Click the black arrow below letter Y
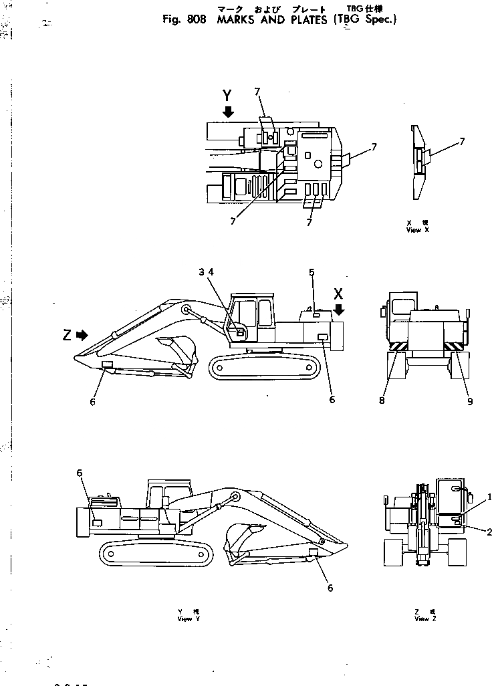pyautogui.click(x=228, y=112)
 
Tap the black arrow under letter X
pyautogui.click(x=339, y=309)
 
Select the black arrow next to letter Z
pyautogui.click(x=82, y=335)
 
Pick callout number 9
pyautogui.click(x=470, y=401)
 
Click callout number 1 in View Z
pyautogui.click(x=489, y=496)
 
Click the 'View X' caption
pyautogui.click(x=417, y=229)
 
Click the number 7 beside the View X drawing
pyautogui.click(x=461, y=142)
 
